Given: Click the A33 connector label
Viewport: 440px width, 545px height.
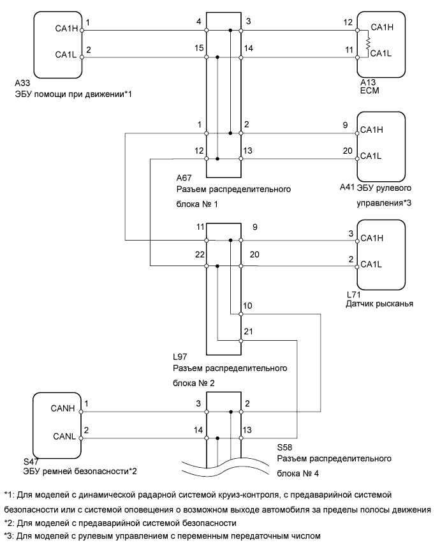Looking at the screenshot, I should pos(21,83).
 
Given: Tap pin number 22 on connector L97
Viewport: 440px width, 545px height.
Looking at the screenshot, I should pos(198,255).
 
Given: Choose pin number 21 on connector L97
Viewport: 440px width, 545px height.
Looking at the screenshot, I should pos(249,332).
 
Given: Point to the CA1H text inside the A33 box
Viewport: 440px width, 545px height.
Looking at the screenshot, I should pos(65,28).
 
